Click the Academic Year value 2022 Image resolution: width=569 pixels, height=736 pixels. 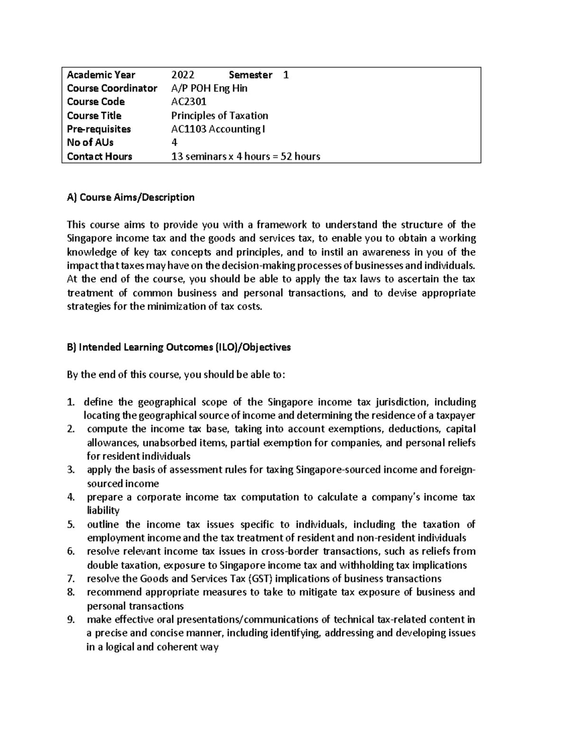point(183,75)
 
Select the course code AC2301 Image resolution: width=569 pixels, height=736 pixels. point(188,102)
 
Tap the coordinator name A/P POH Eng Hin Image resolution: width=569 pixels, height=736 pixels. point(209,88)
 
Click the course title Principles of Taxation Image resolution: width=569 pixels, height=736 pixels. point(219,116)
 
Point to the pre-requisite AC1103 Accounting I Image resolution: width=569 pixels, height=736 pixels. point(218,129)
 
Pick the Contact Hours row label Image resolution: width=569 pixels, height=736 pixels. point(100,156)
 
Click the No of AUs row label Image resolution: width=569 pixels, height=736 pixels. point(90,143)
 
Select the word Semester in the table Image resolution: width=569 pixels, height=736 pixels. point(250,75)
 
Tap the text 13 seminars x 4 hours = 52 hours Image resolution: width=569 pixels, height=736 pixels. point(245,156)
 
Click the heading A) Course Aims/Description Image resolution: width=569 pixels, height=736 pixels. point(131,197)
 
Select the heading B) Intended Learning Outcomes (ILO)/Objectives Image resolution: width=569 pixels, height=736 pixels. point(179,347)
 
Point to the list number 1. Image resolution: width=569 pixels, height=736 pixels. point(70,402)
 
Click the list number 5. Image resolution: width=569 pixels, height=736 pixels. point(70,525)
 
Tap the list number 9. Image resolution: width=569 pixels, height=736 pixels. point(70,619)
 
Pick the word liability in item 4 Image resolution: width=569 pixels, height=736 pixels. point(103,511)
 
